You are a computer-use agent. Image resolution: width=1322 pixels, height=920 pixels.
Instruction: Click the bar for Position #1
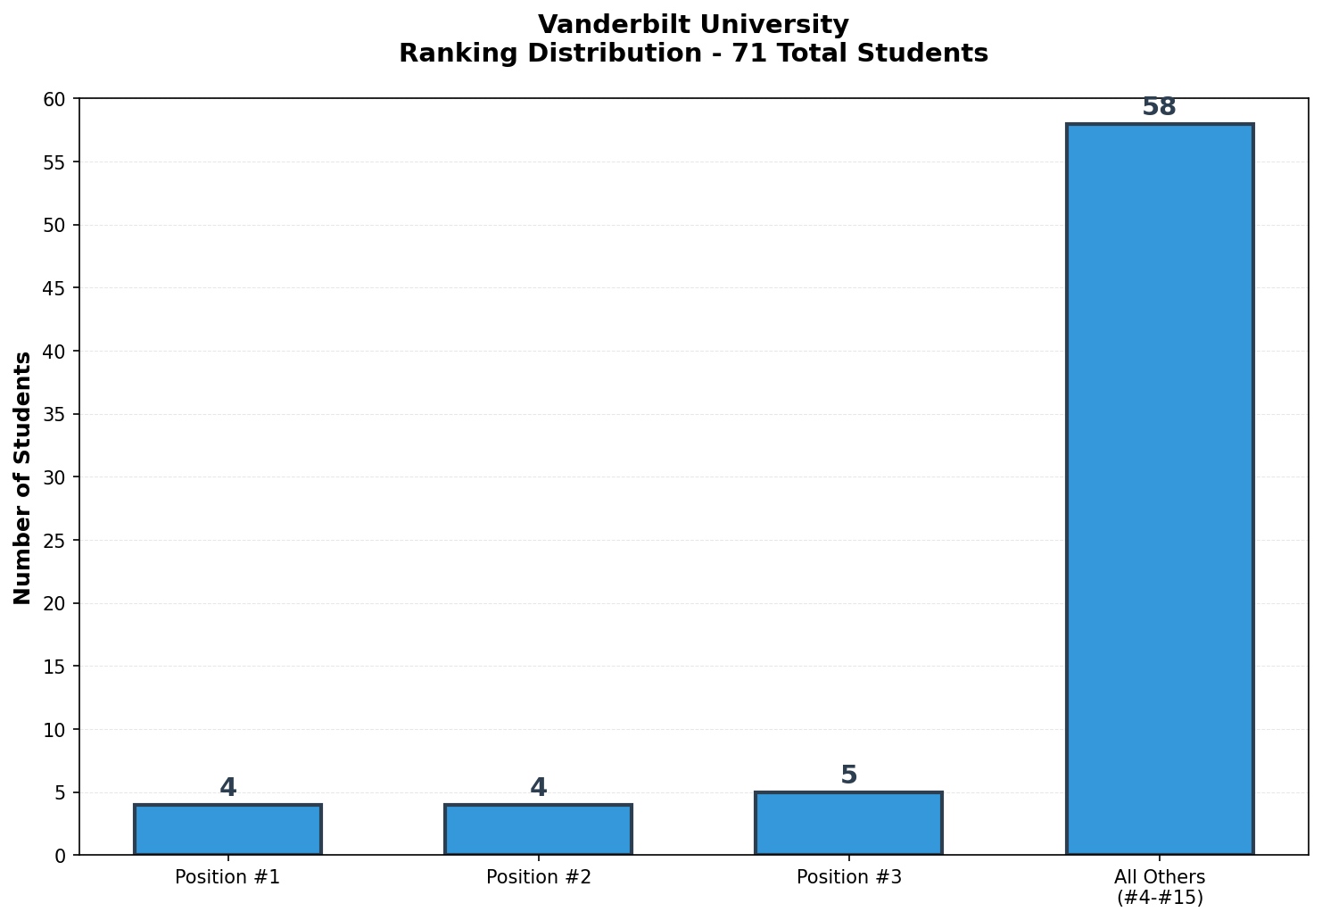click(x=227, y=830)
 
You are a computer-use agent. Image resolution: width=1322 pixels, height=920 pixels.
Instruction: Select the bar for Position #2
click(x=538, y=830)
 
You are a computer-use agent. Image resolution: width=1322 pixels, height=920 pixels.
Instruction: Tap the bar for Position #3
click(x=848, y=824)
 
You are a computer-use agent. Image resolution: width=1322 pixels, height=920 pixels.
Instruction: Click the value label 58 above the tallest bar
click(x=1159, y=107)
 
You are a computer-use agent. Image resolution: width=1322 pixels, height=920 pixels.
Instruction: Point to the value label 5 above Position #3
click(x=848, y=775)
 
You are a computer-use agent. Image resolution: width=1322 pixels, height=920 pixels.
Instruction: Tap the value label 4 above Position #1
click(x=227, y=788)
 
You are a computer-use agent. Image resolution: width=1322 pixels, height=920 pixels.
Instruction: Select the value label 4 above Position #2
click(x=538, y=788)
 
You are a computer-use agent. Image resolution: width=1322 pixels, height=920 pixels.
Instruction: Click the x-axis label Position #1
click(x=227, y=877)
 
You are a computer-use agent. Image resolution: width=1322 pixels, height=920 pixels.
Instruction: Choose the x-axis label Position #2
click(x=538, y=877)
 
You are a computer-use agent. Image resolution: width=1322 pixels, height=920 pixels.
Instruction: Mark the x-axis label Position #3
click(x=848, y=877)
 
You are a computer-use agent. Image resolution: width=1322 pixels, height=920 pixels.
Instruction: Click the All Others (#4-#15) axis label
click(x=1159, y=887)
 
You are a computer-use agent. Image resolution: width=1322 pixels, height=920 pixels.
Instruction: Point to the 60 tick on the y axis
click(x=55, y=99)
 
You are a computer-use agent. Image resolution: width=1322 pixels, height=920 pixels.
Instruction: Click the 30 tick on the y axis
click(x=55, y=477)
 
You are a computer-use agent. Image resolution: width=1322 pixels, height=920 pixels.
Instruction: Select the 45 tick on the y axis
click(x=55, y=288)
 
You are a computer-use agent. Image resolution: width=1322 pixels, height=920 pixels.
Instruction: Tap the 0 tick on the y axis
click(x=61, y=856)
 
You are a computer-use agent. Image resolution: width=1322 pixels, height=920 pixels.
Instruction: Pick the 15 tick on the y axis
click(x=55, y=667)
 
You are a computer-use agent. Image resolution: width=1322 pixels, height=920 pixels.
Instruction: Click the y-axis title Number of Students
click(x=23, y=477)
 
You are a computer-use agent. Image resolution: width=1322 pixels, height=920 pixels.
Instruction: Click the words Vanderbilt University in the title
click(x=693, y=24)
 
